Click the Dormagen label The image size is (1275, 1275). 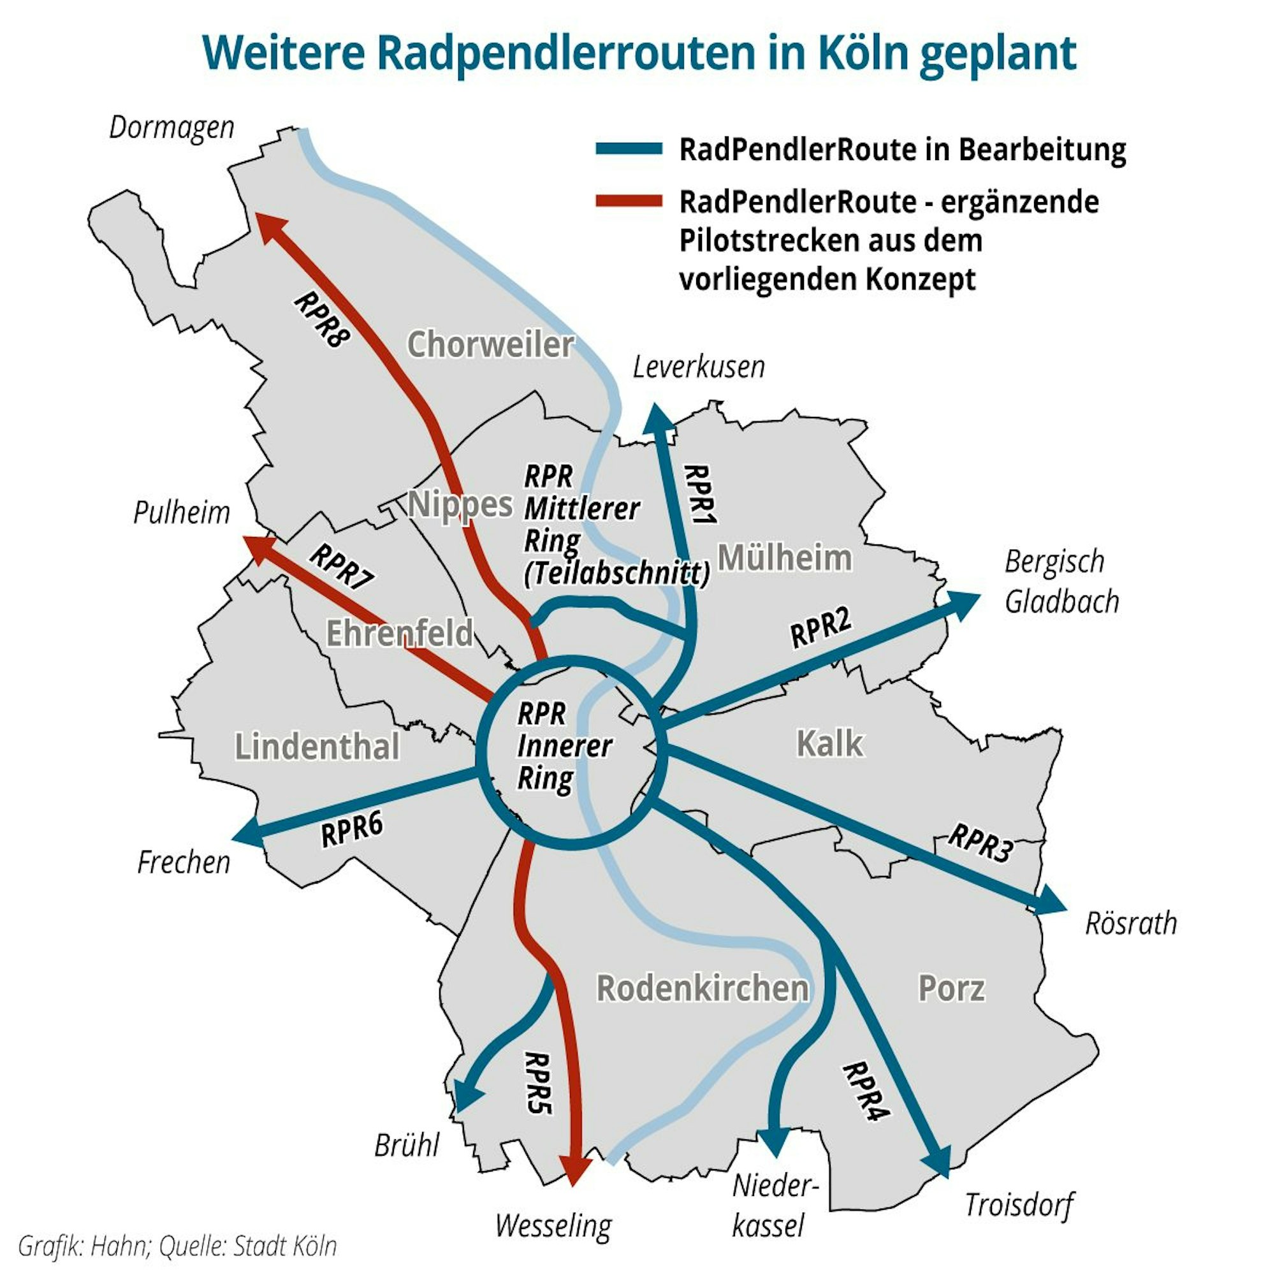(171, 127)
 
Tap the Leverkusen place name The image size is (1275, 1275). (698, 367)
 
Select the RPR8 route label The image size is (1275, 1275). (322, 319)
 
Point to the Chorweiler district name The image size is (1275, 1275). (490, 344)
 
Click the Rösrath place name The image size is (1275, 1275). (1130, 922)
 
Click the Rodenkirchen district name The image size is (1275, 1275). (702, 988)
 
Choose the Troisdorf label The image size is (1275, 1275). (1019, 1204)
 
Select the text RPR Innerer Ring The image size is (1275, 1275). (563, 746)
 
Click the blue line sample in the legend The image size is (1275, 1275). (629, 149)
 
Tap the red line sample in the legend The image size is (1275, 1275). (629, 201)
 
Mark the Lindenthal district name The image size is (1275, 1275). (317, 747)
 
